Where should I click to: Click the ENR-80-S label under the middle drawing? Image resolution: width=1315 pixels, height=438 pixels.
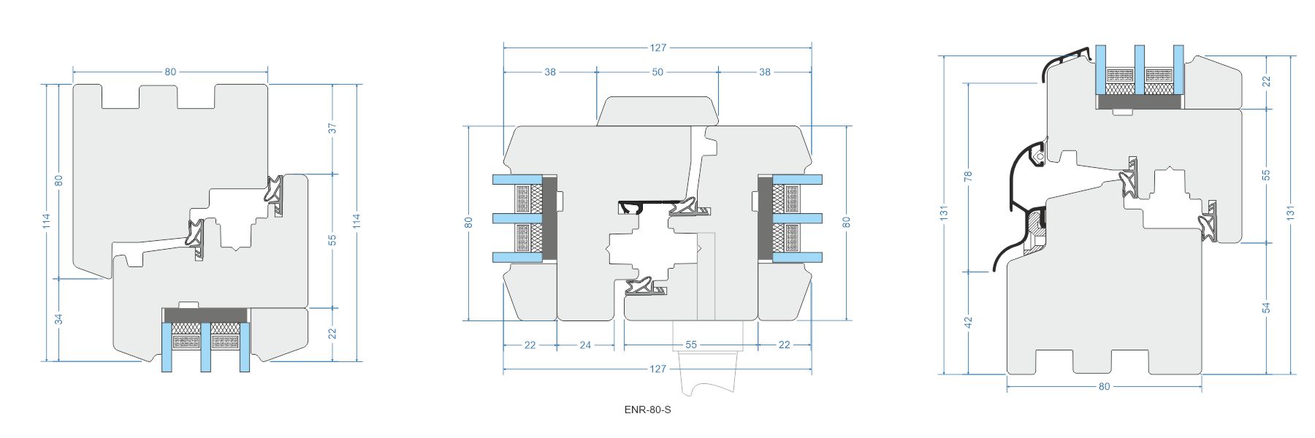647,410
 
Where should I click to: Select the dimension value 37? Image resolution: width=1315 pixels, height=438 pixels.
333,128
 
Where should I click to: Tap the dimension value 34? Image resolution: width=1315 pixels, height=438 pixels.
59,319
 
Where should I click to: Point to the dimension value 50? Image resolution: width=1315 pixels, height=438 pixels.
657,72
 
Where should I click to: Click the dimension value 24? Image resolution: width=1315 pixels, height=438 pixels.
585,345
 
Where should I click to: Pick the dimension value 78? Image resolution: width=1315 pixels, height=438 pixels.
969,177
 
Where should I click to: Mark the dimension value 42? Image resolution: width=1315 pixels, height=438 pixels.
969,321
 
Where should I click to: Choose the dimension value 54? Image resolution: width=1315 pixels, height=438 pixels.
1267,308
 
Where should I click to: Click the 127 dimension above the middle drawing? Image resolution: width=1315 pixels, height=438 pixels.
657,48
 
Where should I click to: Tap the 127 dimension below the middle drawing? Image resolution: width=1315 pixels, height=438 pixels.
657,369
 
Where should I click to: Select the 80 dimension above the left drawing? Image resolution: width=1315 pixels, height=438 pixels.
170,72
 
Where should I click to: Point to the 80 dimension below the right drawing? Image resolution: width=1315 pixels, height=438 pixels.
1104,386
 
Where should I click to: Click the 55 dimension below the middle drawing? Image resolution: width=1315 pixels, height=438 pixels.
691,345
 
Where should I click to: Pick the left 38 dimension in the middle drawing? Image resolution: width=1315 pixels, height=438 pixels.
550,72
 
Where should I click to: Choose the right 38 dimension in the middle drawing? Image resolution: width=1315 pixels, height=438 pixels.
765,72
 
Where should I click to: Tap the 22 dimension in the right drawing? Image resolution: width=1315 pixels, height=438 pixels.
1267,81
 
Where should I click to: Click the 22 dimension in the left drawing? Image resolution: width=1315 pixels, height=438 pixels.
333,333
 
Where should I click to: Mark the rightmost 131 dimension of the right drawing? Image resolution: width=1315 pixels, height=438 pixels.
1291,212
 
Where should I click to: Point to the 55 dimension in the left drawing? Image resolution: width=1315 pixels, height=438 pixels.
333,239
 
